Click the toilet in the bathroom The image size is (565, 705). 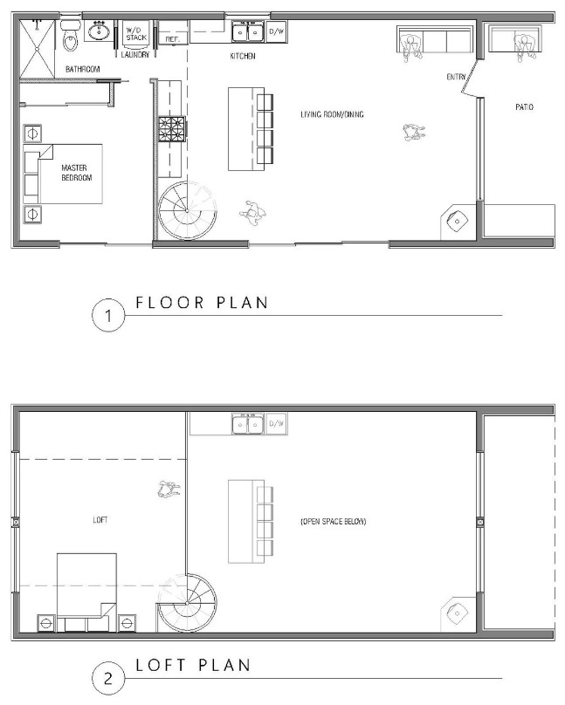[69, 36]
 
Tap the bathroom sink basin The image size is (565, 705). [99, 31]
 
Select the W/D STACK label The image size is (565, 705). [136, 34]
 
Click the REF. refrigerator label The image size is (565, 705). [172, 39]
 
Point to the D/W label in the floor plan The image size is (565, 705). [276, 31]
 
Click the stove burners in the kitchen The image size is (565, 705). [172, 129]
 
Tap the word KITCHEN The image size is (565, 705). [243, 56]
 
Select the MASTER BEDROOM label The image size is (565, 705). [77, 173]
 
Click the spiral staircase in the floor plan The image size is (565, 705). [188, 210]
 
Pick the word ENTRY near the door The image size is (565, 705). [456, 77]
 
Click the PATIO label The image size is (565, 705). [524, 107]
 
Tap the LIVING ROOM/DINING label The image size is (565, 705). [332, 114]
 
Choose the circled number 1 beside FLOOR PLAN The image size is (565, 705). [108, 316]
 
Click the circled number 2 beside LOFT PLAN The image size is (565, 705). [108, 678]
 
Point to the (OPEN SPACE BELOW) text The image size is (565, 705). [334, 522]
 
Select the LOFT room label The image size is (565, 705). [100, 520]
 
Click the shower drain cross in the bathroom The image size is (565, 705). [37, 49]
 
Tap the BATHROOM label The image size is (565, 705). [83, 69]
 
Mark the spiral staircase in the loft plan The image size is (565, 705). [188, 603]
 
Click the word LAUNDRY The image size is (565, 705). [135, 55]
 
